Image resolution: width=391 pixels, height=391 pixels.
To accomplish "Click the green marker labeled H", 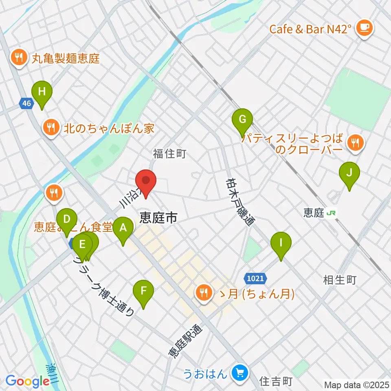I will click(42, 92).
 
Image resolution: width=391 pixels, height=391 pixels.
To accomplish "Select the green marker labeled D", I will click(67, 220).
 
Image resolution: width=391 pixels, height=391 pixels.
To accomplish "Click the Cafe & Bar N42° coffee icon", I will click(362, 28).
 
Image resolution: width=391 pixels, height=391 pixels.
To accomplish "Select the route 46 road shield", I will click(26, 104).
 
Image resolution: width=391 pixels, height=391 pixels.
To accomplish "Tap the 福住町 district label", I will click(169, 154).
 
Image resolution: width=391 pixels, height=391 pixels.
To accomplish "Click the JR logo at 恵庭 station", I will click(333, 213).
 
